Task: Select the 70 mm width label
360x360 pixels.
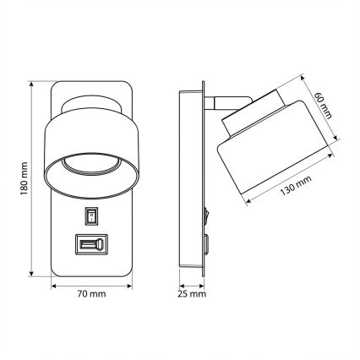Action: click(90, 295)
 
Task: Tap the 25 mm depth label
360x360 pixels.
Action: click(194, 295)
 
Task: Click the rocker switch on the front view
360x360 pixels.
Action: click(90, 216)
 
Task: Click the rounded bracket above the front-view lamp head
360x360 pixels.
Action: click(90, 102)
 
